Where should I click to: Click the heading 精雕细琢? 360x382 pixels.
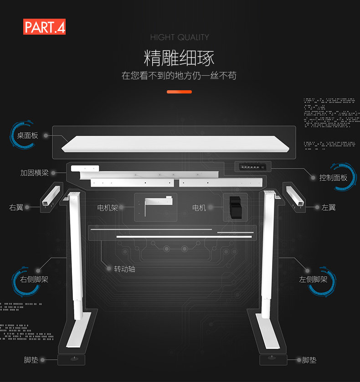pyautogui.click(x=179, y=58)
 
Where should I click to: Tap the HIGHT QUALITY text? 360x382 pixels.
pyautogui.click(x=180, y=37)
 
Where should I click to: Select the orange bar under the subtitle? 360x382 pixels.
pyautogui.click(x=179, y=92)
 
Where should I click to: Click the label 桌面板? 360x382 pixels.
pyautogui.click(x=27, y=135)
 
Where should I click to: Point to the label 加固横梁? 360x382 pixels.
pyautogui.click(x=34, y=173)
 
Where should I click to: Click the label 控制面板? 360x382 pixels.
pyautogui.click(x=333, y=177)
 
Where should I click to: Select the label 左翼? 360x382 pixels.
pyautogui.click(x=329, y=207)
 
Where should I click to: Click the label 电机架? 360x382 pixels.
pyautogui.click(x=108, y=207)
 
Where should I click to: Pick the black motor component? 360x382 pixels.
pyautogui.click(x=235, y=207)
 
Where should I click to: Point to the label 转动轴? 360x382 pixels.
pyautogui.click(x=124, y=269)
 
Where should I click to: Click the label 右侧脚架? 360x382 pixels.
pyautogui.click(x=34, y=279)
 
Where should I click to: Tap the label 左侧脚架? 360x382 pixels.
pyautogui.click(x=313, y=279)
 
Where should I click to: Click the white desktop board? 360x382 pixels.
pyautogui.click(x=178, y=144)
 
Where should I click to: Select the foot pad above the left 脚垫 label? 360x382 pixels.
pyautogui.click(x=71, y=360)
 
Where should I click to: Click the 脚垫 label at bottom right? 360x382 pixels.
pyautogui.click(x=309, y=360)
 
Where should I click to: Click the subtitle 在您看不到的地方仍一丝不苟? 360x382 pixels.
pyautogui.click(x=179, y=76)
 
